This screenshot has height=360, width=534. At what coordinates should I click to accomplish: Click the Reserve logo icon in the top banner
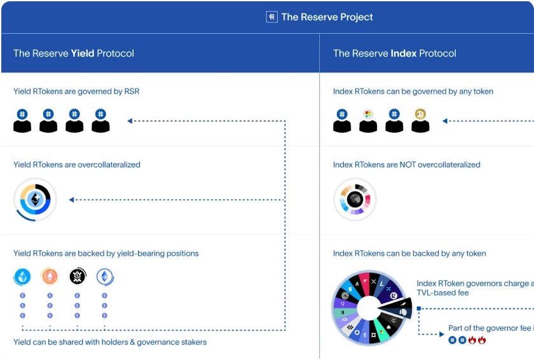271,17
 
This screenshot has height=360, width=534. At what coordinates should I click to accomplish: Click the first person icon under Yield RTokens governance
22,120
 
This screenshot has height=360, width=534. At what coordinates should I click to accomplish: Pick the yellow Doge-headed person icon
420,120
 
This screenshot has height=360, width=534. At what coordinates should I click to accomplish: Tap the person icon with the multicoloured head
368,120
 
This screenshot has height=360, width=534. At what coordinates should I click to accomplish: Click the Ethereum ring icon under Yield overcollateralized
36,200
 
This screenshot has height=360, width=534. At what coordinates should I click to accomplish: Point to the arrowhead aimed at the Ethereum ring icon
72,200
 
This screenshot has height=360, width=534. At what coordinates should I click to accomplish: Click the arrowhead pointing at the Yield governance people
130,120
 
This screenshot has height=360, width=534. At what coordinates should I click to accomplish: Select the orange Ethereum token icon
49,277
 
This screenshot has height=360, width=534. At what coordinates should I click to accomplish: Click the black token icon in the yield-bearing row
77,277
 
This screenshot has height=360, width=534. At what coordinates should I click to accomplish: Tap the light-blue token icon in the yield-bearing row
23,277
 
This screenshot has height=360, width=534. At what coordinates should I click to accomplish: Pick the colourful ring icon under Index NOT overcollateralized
355,200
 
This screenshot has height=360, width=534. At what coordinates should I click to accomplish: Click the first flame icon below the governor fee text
472,340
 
